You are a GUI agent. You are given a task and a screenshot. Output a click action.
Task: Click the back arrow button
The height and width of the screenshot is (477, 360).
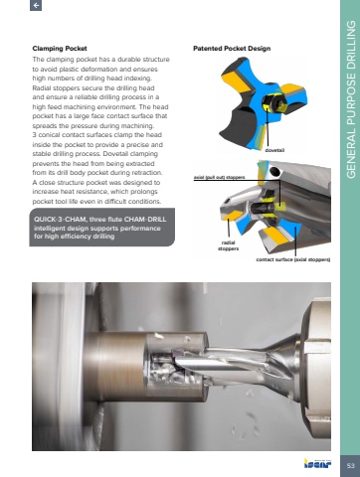(x=36, y=5)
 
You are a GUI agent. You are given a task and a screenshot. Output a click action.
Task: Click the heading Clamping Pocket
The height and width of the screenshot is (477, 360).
(x=60, y=49)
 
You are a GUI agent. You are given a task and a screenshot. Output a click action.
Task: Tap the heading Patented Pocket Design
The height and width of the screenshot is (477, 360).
(x=232, y=49)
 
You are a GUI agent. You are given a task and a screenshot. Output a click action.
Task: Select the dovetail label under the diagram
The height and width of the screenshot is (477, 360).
(x=274, y=150)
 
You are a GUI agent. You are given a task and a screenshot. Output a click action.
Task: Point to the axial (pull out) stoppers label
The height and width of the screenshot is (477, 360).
(x=220, y=177)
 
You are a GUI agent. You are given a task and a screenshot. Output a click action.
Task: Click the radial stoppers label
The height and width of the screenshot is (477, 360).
(x=229, y=245)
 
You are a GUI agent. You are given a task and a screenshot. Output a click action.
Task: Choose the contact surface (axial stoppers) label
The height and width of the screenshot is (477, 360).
(x=293, y=259)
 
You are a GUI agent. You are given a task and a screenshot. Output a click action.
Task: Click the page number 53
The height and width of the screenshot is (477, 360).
(x=350, y=466)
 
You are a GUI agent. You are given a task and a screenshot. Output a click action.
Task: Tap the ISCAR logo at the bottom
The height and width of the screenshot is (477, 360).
(x=317, y=463)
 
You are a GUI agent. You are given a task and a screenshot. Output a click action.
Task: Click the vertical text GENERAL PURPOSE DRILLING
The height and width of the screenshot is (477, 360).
(x=351, y=99)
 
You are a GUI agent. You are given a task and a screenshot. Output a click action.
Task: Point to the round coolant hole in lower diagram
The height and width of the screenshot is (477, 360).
(x=274, y=171)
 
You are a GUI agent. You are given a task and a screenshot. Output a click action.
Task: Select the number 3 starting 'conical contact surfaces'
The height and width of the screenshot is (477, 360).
(x=34, y=135)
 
